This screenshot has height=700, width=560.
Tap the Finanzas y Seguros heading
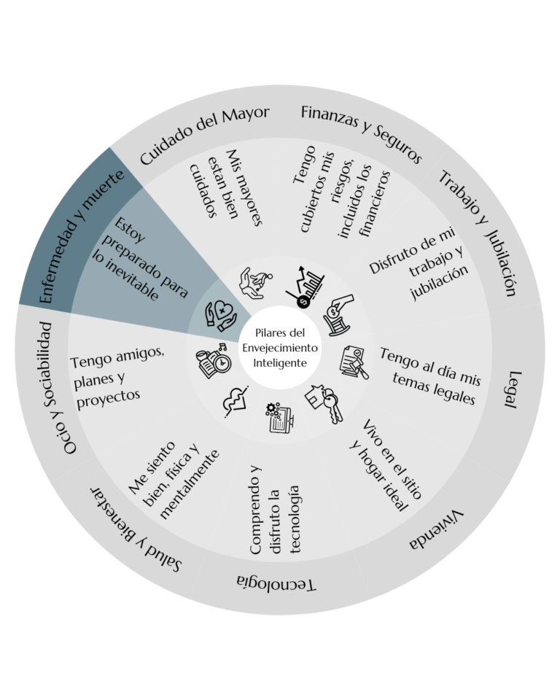pyautogui.click(x=362, y=133)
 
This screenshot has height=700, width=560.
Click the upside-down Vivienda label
pyautogui.click(x=436, y=529)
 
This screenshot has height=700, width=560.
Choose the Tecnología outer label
pyautogui.click(x=276, y=582)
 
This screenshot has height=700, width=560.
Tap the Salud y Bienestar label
pyautogui.click(x=136, y=529)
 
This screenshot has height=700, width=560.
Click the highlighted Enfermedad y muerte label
pyautogui.click(x=81, y=237)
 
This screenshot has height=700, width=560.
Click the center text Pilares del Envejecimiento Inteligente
pyautogui.click(x=280, y=348)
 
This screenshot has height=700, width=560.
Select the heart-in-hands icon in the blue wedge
pyautogui.click(x=221, y=315)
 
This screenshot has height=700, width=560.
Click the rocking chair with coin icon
pyautogui.click(x=338, y=314)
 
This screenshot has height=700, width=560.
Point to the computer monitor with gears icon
pyautogui.click(x=280, y=417)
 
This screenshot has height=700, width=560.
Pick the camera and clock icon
pyautogui.click(x=214, y=361)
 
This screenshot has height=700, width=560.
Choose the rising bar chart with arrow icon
pyautogui.click(x=305, y=287)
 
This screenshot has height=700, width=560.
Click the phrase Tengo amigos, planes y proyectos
pyautogui.click(x=117, y=377)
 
